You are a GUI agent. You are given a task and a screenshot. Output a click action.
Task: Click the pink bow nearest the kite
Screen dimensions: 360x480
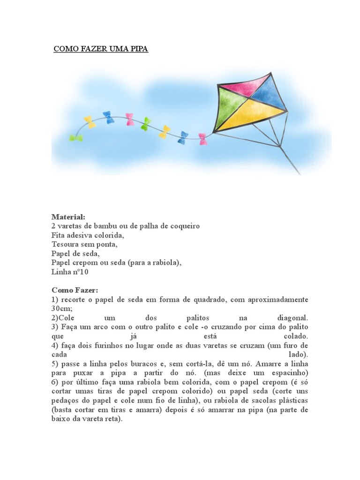(x=202, y=139)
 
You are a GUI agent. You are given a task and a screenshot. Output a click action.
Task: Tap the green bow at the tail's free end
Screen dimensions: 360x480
(x=75, y=138)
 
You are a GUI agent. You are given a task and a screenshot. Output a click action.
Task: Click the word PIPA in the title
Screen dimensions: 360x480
(x=138, y=49)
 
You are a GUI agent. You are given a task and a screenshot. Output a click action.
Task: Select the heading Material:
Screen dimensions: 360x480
(x=68, y=217)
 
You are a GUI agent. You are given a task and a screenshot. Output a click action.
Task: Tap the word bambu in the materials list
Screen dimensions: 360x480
(x=107, y=226)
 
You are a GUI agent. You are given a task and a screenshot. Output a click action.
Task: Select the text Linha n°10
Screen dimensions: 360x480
(x=70, y=271)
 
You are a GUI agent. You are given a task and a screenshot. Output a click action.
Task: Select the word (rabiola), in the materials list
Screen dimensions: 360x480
(x=165, y=262)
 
